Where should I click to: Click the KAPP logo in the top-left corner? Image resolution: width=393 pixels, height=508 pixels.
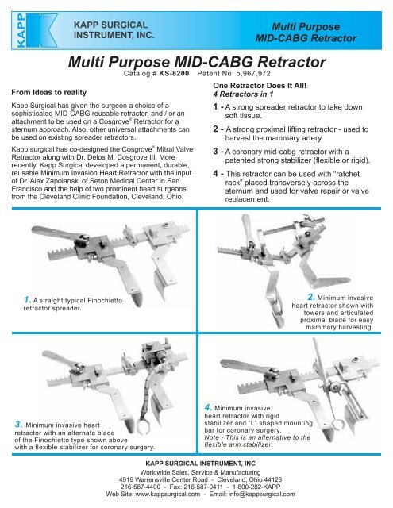tap(30, 28)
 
